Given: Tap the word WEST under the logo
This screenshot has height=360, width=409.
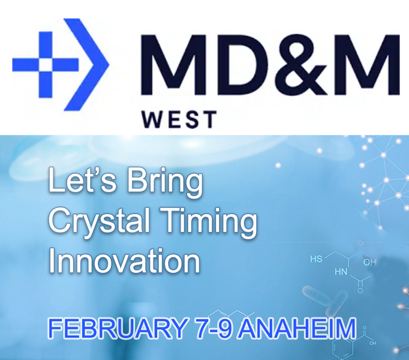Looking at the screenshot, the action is (x=179, y=119).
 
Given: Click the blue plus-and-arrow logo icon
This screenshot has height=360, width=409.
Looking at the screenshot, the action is (x=61, y=64).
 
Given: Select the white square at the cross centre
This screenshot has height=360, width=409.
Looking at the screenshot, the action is (x=46, y=64).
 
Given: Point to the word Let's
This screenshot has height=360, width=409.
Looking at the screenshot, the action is (x=82, y=180).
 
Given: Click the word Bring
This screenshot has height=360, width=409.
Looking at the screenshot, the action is (x=165, y=183).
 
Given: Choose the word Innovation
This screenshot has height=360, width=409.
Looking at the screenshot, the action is (x=124, y=260).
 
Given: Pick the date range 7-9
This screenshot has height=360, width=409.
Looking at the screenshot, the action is (x=214, y=328).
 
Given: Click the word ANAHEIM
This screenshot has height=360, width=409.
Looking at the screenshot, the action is (x=297, y=328).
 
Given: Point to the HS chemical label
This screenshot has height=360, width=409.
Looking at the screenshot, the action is (x=316, y=259).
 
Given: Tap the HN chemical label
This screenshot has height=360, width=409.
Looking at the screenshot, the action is (x=341, y=272).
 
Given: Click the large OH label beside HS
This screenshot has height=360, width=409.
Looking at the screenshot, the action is (x=369, y=262).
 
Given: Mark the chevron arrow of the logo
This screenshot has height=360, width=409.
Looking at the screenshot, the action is (x=86, y=64).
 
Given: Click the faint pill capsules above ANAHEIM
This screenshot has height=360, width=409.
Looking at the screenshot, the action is (x=325, y=300).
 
